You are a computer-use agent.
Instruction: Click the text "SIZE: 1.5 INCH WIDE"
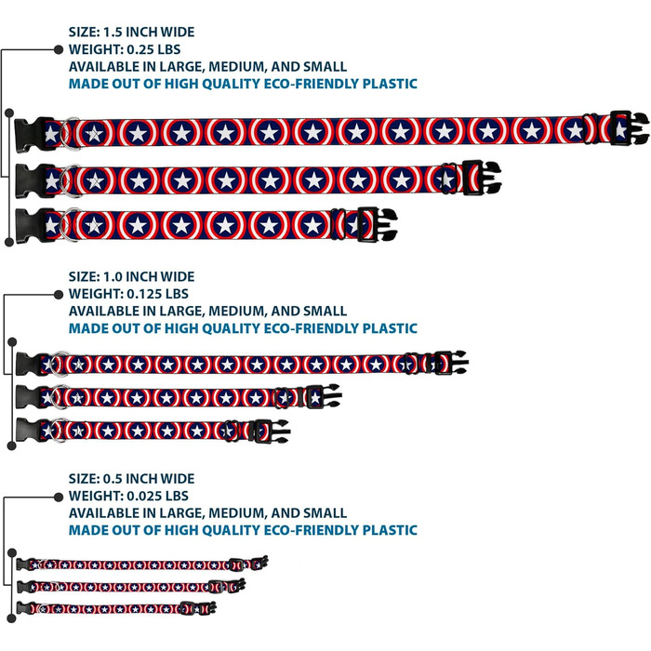pos(131,32)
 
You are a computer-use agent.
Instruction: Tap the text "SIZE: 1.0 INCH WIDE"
pos(131,276)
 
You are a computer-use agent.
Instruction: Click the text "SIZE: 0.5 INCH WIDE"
pos(131,479)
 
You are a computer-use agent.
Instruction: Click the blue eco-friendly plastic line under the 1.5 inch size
pos(243,84)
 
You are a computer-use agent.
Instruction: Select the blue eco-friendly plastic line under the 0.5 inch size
pos(243,530)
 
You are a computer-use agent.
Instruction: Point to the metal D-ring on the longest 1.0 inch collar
pos(59,364)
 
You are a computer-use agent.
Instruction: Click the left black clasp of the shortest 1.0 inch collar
pos(26,430)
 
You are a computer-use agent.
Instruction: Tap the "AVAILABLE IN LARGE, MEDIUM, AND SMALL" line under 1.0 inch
pos(207,311)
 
